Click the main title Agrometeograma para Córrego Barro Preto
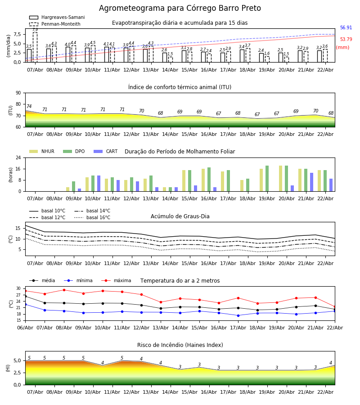pos(180,9)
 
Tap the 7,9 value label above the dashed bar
pos(35,30)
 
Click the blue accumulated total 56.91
pos(346,28)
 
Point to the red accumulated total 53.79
pos(346,40)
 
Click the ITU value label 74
pos(29,107)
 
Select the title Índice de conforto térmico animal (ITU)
pos(180,87)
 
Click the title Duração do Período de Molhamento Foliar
pos(180,152)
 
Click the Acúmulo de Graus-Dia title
pos(180,216)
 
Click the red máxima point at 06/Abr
pos(25,291)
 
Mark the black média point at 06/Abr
pos(25,296)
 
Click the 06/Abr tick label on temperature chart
pos(25,328)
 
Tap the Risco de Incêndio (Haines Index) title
pos(180,345)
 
